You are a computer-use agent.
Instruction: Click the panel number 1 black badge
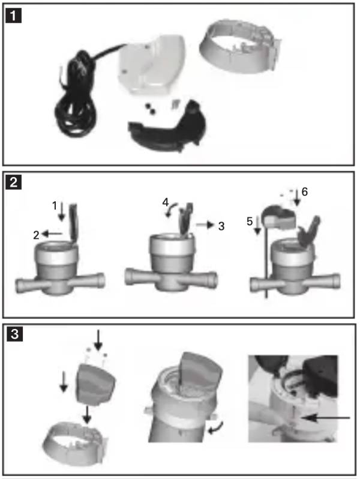point(13,16)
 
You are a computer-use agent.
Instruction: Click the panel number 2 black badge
point(13,182)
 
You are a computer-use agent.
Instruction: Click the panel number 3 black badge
point(14,334)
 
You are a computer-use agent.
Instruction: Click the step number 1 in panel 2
point(55,206)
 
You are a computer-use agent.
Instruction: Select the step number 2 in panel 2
point(37,235)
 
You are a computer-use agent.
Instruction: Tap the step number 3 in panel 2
point(221,226)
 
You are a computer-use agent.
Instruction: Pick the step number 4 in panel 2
point(165,202)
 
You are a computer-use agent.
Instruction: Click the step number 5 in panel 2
point(250,221)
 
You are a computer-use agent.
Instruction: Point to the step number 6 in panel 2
point(304,192)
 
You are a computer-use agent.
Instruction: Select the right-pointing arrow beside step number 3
point(205,225)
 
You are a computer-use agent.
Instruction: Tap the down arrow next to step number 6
point(296,197)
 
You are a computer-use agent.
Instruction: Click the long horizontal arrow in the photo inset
point(325,418)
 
